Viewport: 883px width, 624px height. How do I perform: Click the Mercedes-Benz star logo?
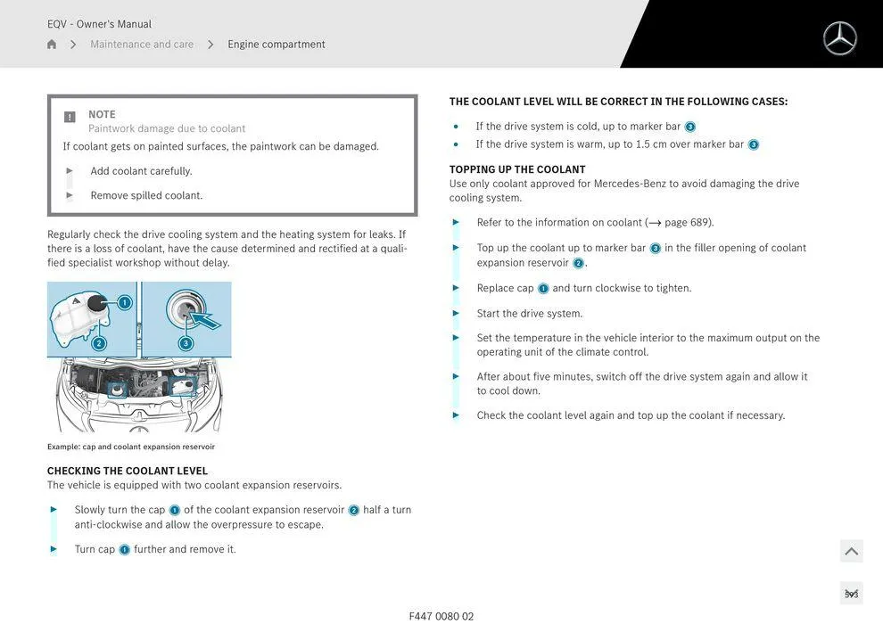click(x=839, y=38)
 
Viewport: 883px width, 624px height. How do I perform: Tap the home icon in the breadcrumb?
click(x=52, y=45)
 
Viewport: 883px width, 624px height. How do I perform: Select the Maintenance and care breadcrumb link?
click(x=142, y=45)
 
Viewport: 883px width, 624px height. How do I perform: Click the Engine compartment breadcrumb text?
click(x=276, y=45)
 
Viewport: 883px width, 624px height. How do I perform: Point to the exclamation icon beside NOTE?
click(x=70, y=117)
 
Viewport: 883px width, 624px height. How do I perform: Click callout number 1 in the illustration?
click(x=124, y=303)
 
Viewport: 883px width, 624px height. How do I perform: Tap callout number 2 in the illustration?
click(x=99, y=343)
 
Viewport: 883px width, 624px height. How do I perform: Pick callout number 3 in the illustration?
click(x=186, y=343)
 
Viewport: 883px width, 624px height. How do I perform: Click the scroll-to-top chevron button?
click(x=851, y=552)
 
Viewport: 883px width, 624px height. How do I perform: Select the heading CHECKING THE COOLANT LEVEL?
click(x=128, y=471)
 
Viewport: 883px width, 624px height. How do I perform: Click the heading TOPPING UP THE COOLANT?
click(x=517, y=169)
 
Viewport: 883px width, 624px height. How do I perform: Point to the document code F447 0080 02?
click(x=441, y=616)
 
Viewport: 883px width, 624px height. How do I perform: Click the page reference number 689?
click(x=701, y=223)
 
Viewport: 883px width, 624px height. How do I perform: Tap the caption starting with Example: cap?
click(x=131, y=447)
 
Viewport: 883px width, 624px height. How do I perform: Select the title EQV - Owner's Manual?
click(x=99, y=24)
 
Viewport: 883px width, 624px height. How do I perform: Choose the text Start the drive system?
click(x=530, y=314)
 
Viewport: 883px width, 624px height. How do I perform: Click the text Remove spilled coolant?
click(x=146, y=195)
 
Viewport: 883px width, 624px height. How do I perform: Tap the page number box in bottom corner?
click(x=851, y=594)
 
